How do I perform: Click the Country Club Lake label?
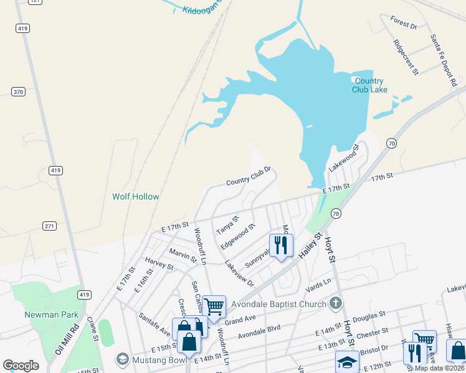369,85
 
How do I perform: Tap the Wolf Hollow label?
135,196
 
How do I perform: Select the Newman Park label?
51,315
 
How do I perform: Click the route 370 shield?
18,92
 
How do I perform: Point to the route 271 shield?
50,226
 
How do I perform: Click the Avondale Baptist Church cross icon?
336,304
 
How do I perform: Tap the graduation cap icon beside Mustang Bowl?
123,359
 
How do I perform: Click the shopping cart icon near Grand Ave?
214,306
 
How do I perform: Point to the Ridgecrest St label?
406,58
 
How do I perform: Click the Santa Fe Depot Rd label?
443,60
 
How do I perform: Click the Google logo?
21,366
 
